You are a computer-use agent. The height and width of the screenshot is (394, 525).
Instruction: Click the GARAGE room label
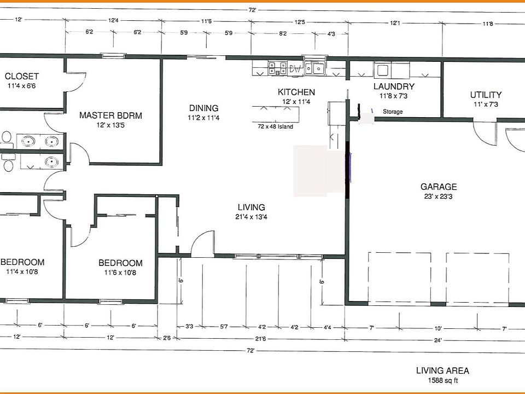pos(439,187)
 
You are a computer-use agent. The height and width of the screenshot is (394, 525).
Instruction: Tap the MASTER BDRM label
pos(110,115)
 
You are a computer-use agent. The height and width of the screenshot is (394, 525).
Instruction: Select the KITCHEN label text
pos(296,92)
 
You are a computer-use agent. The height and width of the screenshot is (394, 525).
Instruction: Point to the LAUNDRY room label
pos(394,86)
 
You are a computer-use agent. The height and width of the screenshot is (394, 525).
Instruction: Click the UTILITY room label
pos(486,95)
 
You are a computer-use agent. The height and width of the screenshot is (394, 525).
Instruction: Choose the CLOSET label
pos(22,77)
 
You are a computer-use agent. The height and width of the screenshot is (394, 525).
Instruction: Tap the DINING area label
pos(203,108)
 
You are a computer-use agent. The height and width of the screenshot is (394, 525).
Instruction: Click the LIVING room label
pos(251,207)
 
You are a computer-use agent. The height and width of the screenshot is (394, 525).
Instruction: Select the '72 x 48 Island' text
pos(275,126)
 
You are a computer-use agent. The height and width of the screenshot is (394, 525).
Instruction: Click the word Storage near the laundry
pos(393,112)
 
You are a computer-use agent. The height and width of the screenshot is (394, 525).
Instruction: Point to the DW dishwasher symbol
pos(295,69)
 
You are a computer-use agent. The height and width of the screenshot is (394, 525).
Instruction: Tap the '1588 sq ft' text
pos(442,381)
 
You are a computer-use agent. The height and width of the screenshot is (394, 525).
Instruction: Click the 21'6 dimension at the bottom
pos(260,339)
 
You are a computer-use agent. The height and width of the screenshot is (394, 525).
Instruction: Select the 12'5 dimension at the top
pos(300,22)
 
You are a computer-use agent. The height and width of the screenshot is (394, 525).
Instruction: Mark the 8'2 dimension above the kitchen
pos(283,33)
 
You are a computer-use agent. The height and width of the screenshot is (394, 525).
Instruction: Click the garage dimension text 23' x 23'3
pos(438,196)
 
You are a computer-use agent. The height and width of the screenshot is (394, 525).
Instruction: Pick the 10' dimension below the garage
pos(438,329)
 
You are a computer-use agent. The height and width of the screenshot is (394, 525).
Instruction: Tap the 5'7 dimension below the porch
pos(224,327)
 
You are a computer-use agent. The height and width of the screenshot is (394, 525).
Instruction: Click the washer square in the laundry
pos(383,71)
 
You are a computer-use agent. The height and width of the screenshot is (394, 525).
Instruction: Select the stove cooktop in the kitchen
pos(277,68)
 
